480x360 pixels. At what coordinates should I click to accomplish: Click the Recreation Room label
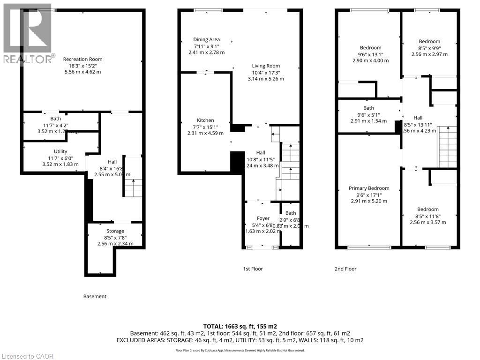tap(82, 59)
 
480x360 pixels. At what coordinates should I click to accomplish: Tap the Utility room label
tap(60, 151)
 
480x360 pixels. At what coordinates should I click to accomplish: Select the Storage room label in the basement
tap(115, 231)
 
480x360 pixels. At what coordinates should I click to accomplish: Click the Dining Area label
tap(206, 40)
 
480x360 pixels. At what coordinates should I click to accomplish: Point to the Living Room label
tap(266, 66)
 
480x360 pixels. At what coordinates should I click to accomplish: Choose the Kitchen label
tap(205, 120)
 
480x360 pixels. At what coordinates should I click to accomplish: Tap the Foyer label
tap(263, 218)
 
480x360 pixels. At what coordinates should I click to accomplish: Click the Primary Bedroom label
tap(369, 188)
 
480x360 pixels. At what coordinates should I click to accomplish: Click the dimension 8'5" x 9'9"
tap(429, 48)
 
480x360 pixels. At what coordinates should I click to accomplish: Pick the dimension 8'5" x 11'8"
tap(428, 216)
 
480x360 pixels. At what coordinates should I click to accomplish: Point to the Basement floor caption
tap(95, 296)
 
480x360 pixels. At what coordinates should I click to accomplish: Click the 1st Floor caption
tap(253, 269)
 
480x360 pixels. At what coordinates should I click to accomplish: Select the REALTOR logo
tap(27, 33)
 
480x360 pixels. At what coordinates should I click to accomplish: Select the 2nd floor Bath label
tap(368, 108)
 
